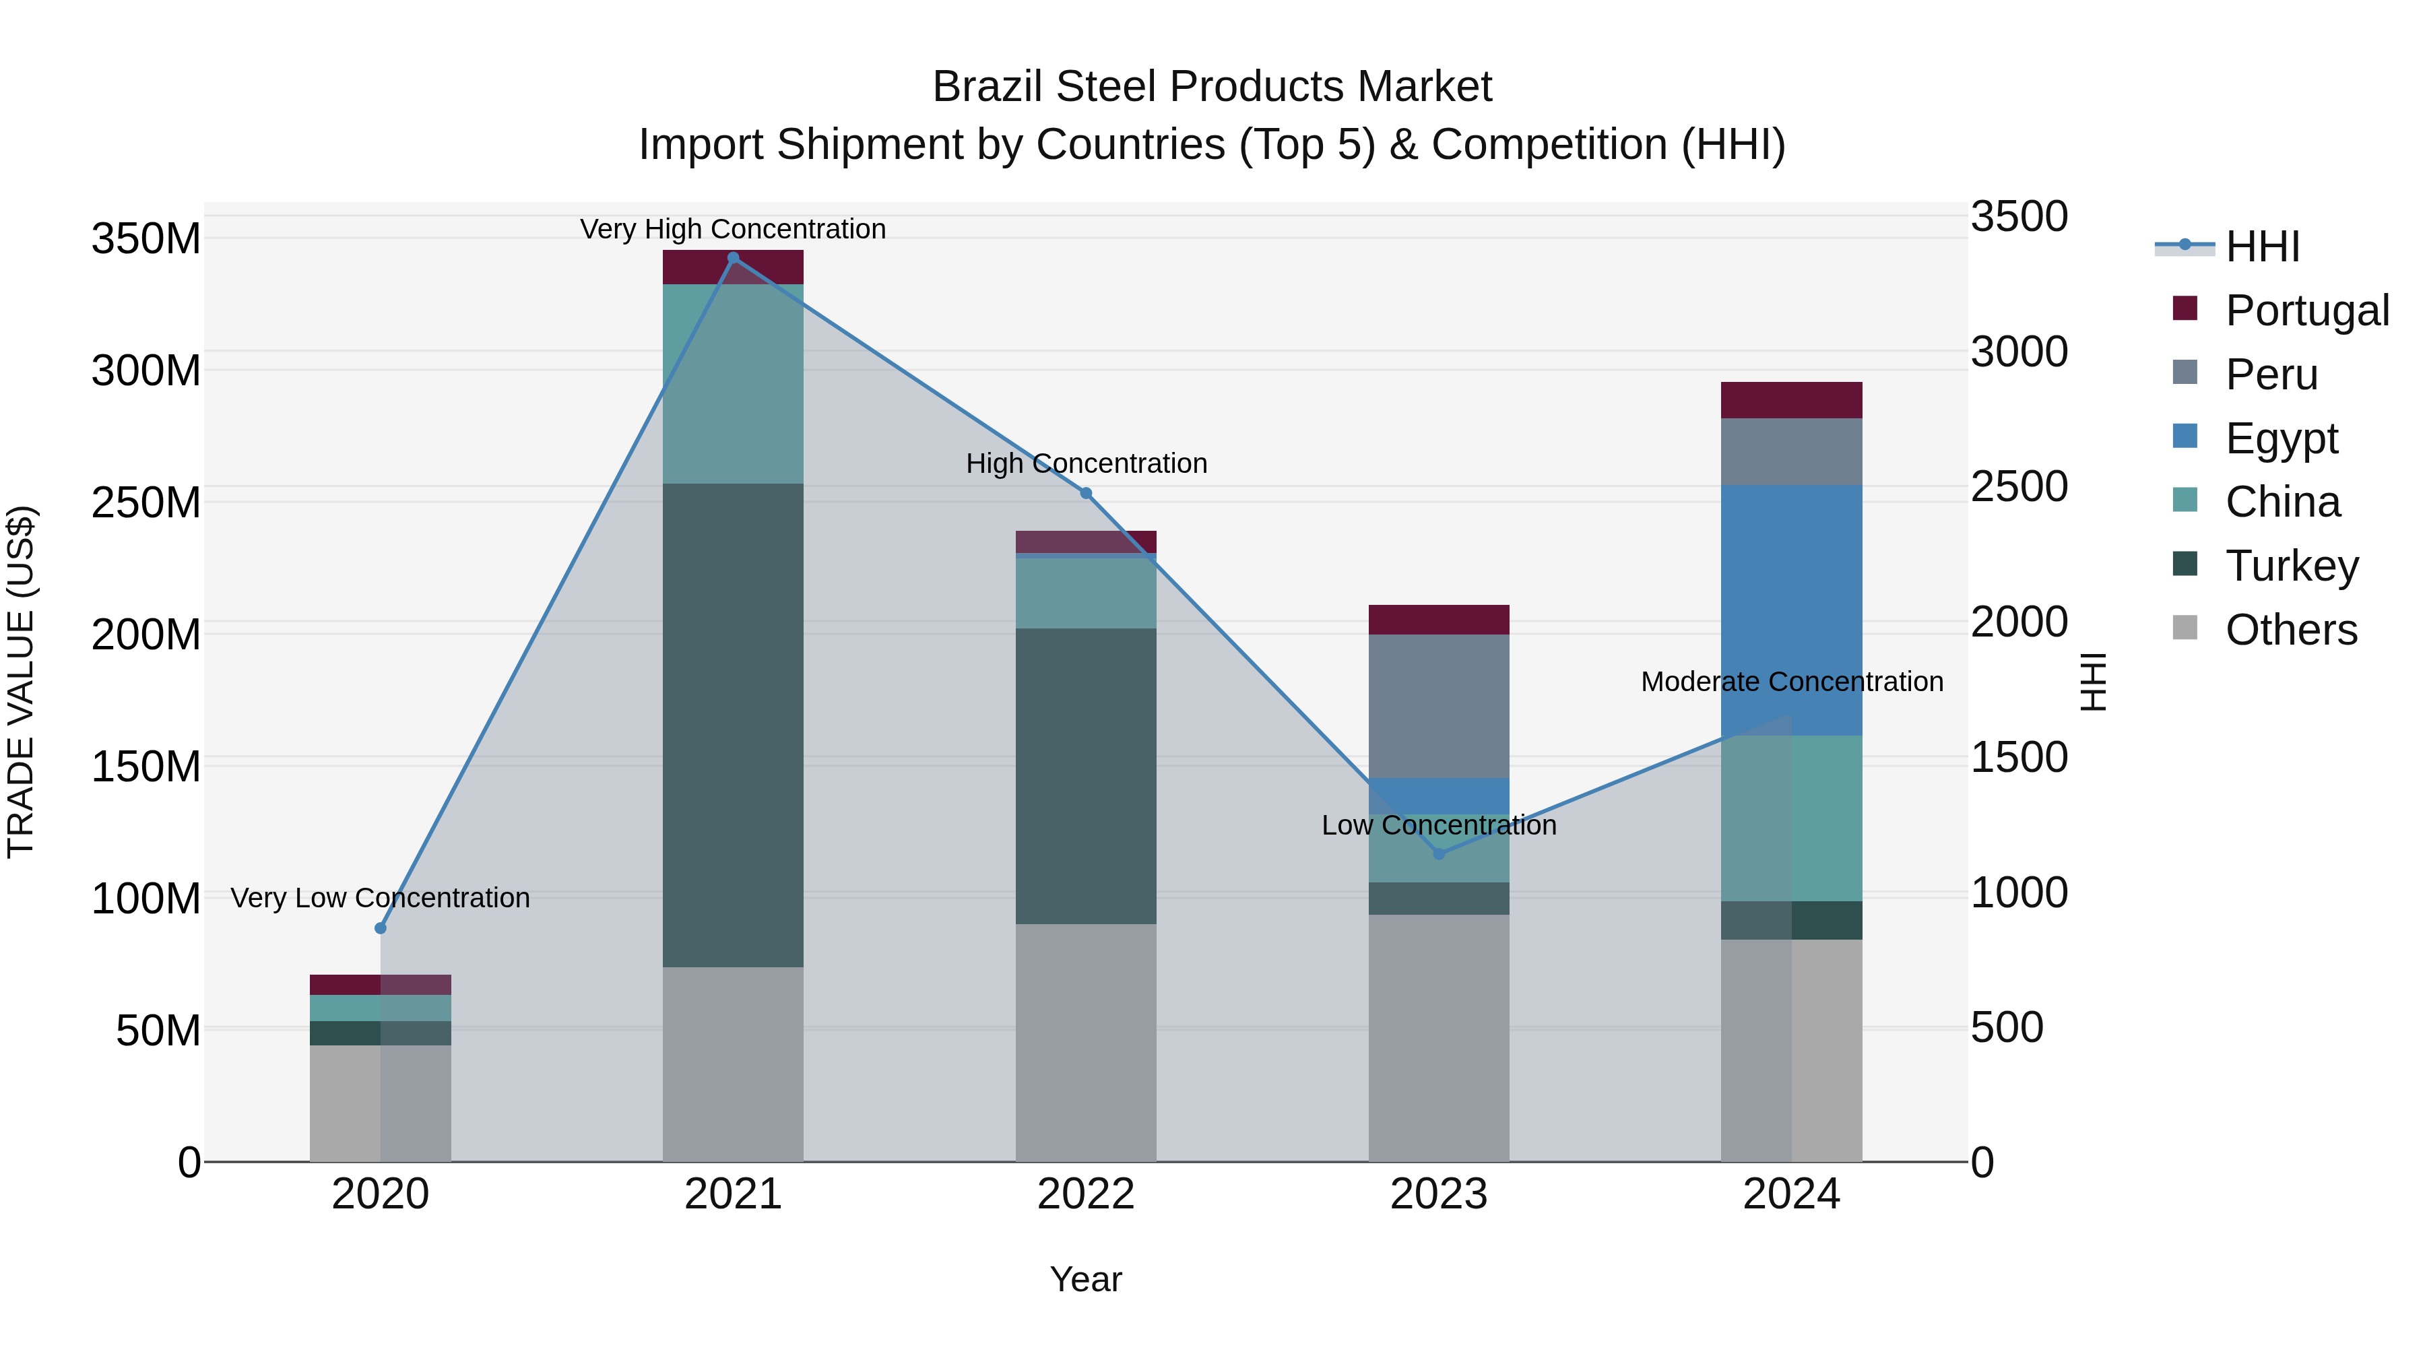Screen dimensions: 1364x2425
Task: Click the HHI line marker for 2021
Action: click(734, 258)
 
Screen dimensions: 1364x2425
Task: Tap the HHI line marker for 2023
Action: click(1438, 854)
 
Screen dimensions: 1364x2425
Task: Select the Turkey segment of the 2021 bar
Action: click(734, 725)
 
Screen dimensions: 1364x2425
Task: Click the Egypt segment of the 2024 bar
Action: click(1791, 610)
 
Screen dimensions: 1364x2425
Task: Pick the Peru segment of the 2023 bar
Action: click(1438, 706)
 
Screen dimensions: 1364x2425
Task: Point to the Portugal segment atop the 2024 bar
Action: click(1791, 400)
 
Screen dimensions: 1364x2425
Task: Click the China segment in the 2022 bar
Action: click(1085, 593)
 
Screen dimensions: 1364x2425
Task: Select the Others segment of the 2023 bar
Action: click(1438, 1037)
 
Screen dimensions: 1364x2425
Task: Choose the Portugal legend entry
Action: click(2306, 311)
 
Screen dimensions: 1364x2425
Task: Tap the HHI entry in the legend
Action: click(2261, 247)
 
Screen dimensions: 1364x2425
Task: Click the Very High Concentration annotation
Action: click(734, 230)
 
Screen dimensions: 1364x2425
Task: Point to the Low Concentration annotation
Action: click(1438, 826)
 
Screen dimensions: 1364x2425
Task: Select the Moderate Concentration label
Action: click(1791, 682)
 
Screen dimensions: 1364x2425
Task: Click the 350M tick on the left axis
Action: click(146, 239)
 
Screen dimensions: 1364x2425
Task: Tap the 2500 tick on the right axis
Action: click(2019, 487)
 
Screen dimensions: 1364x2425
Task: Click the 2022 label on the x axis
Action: click(1085, 1194)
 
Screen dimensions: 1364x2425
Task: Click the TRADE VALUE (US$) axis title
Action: click(21, 682)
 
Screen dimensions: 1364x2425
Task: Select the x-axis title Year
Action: click(1085, 1279)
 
